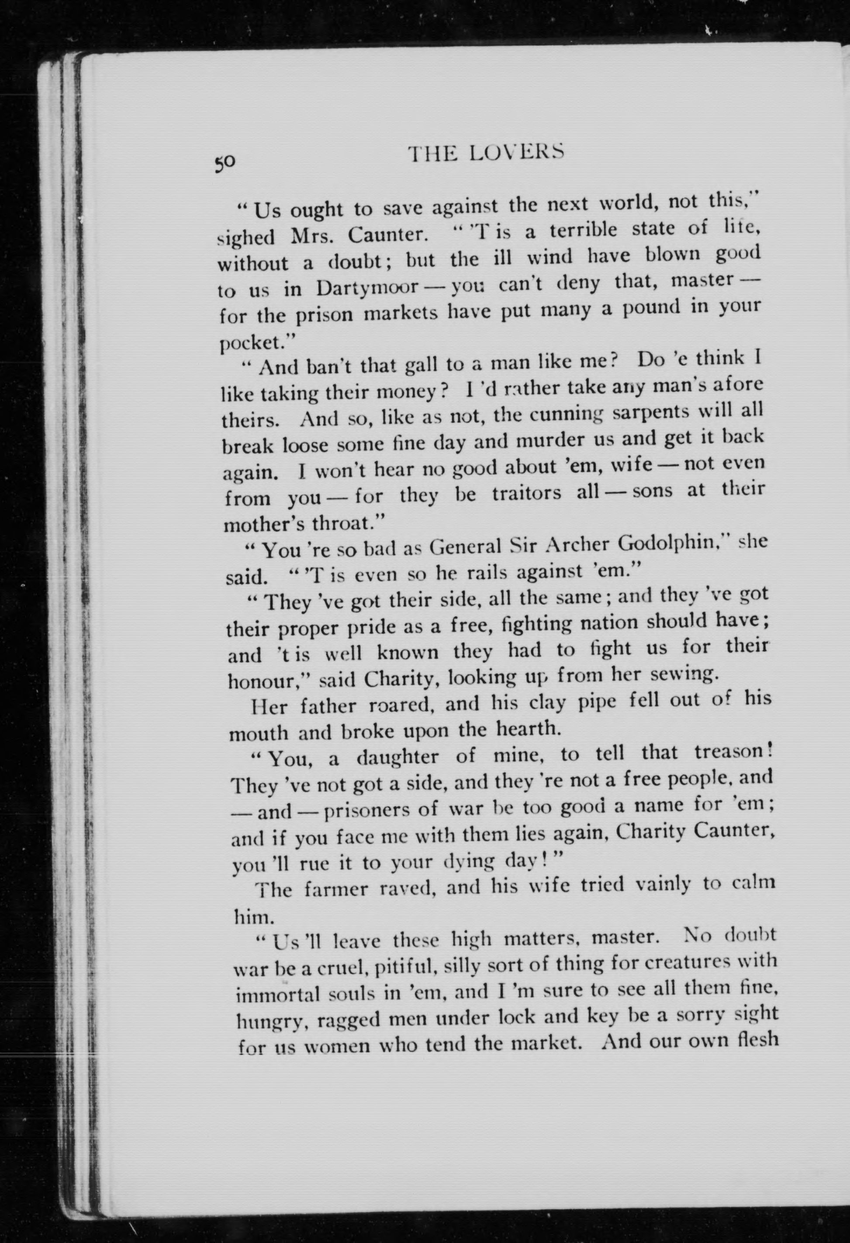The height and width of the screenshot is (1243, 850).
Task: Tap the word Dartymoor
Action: [x=366, y=288]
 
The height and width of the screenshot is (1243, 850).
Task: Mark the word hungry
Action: [x=271, y=1022]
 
